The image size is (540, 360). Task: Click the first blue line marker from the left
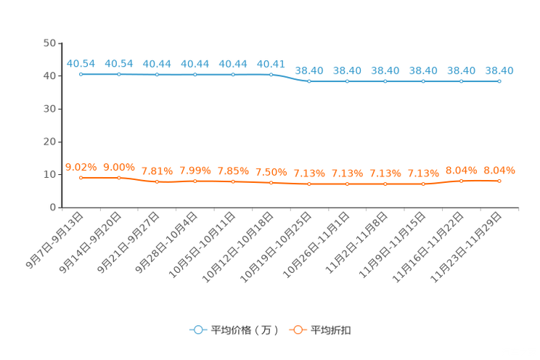pyautogui.click(x=81, y=73)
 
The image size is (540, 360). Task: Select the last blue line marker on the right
pyautogui.click(x=499, y=81)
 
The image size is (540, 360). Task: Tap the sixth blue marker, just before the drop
pyautogui.click(x=271, y=74)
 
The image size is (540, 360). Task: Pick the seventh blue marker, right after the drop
pyautogui.click(x=309, y=81)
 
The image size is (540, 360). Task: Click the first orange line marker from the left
pyautogui.click(x=81, y=177)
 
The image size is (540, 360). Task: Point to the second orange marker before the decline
pyautogui.click(x=119, y=177)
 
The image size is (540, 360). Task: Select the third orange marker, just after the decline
pyautogui.click(x=157, y=182)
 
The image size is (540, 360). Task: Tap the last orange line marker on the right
pyautogui.click(x=499, y=181)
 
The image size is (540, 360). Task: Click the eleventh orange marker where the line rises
pyautogui.click(x=462, y=181)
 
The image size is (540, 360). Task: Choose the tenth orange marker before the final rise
pyautogui.click(x=423, y=184)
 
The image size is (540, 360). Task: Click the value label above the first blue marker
pyautogui.click(x=81, y=63)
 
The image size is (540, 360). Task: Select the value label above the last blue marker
pyautogui.click(x=499, y=70)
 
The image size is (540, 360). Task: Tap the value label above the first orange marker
pyautogui.click(x=81, y=166)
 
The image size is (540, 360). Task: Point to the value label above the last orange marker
pyautogui.click(x=499, y=170)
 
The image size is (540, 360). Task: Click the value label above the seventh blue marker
pyautogui.click(x=309, y=70)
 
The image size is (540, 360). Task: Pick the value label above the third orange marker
pyautogui.click(x=157, y=171)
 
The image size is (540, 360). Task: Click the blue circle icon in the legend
pyautogui.click(x=197, y=330)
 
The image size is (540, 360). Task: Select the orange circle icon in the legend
pyautogui.click(x=297, y=330)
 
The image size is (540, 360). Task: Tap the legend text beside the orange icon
pyautogui.click(x=332, y=330)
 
